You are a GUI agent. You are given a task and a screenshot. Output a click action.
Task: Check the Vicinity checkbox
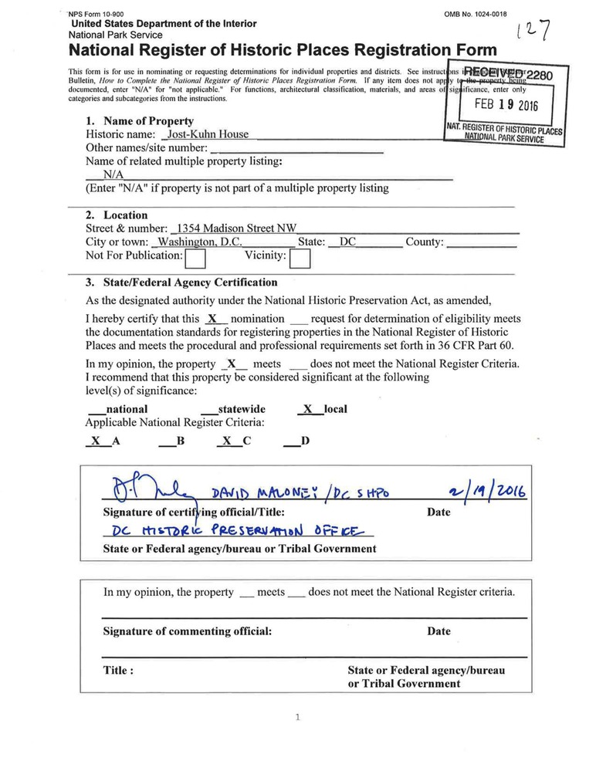click(x=300, y=257)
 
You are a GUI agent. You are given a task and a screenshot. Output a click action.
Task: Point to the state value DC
click(x=347, y=242)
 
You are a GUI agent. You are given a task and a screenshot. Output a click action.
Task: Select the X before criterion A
click(x=95, y=442)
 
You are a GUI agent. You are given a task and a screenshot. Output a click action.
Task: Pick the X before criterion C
click(x=226, y=442)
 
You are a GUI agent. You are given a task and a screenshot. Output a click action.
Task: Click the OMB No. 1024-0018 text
click(x=476, y=14)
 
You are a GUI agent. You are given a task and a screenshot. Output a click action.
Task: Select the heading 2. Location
click(x=117, y=215)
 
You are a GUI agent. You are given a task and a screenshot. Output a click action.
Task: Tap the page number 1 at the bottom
click(x=297, y=718)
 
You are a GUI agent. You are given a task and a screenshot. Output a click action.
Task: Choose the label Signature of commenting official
click(x=188, y=631)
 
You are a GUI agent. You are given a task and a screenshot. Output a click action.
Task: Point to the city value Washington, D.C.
click(x=200, y=242)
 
